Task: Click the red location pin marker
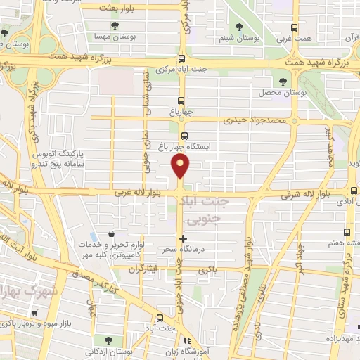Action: click(x=181, y=166)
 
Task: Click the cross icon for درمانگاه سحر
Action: click(x=184, y=239)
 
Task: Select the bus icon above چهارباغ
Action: click(x=182, y=100)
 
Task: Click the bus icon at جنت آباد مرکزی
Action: click(x=182, y=59)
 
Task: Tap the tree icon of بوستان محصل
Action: click(x=283, y=82)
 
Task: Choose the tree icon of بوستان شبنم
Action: click(x=240, y=26)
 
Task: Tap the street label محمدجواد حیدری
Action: click(x=256, y=120)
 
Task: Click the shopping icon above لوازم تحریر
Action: click(x=111, y=234)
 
